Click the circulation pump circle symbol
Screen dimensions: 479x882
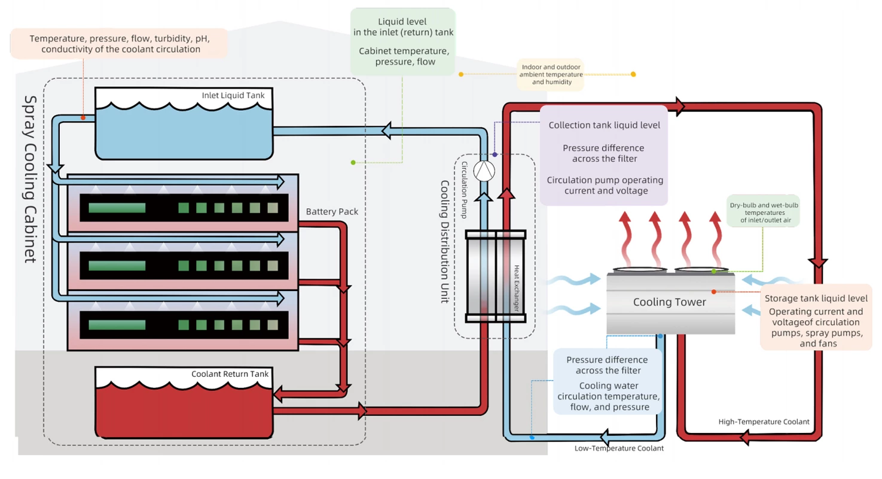point(484,171)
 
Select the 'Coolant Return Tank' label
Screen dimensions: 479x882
point(230,374)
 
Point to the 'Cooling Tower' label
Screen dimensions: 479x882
point(669,302)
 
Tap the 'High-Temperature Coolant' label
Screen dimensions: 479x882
point(764,422)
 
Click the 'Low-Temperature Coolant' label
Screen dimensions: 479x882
point(619,448)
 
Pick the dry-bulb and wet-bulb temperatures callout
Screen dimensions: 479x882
point(764,213)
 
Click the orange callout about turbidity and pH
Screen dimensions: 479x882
point(120,44)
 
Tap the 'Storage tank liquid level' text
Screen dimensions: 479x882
point(816,298)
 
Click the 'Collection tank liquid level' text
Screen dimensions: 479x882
point(604,125)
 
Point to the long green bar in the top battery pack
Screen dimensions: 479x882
point(117,208)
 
